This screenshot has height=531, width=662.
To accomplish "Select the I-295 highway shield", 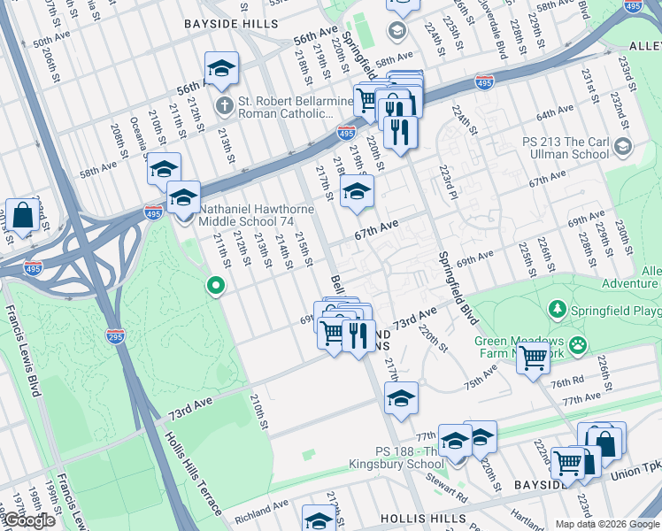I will tap(115, 336).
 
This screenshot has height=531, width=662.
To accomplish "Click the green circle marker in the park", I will tap(214, 285).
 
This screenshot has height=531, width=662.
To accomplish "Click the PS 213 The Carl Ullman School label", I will tap(566, 147).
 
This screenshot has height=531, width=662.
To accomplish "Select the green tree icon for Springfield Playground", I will tap(558, 309).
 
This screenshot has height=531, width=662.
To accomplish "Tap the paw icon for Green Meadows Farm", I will tap(578, 342).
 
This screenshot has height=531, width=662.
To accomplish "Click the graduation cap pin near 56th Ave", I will tap(221, 68).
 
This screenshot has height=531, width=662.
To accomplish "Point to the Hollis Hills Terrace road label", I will tap(199, 478).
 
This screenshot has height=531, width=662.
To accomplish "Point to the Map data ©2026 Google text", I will tap(606, 524).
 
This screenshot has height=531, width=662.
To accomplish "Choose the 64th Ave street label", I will tap(555, 113).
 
